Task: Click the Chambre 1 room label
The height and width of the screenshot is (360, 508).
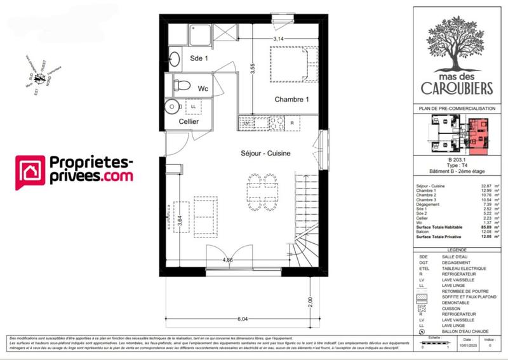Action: (291, 100)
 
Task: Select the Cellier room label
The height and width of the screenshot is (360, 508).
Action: (189, 121)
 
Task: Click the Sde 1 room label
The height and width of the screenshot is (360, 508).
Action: (199, 58)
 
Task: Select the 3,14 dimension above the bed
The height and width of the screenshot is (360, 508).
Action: (278, 39)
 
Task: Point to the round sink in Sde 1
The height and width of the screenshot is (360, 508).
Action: (175, 59)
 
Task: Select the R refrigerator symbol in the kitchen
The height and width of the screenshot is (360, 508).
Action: (291, 123)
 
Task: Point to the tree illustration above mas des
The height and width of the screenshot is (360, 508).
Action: (453, 33)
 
